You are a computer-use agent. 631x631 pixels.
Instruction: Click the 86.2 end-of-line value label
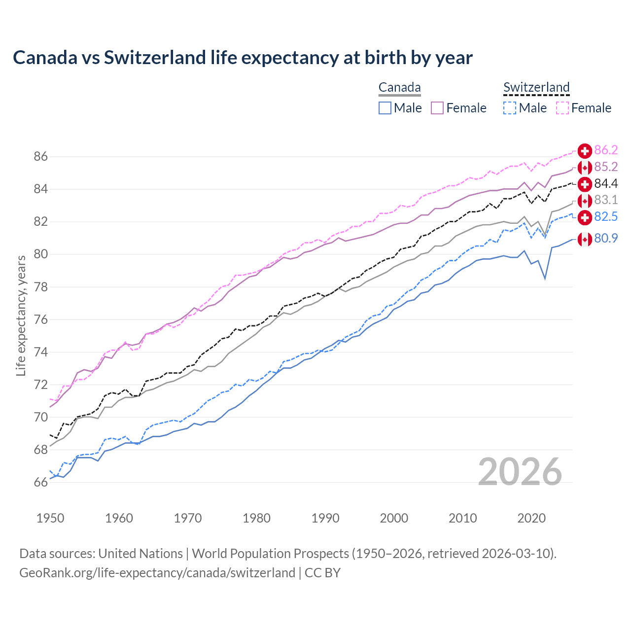coord(606,150)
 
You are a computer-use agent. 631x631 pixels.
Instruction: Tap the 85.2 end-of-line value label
coord(606,167)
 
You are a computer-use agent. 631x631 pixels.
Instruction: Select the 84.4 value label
coord(606,184)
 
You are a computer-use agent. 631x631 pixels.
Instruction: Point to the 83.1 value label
coord(606,200)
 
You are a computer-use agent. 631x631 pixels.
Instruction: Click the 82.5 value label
coord(606,217)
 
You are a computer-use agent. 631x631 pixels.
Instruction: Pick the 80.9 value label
coord(606,239)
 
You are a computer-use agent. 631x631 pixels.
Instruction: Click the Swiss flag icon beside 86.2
coord(585,151)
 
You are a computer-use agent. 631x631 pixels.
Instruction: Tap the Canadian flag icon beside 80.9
coord(585,239)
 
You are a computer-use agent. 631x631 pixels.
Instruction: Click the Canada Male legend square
coord(385,108)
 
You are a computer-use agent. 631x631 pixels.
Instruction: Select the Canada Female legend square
coord(437,108)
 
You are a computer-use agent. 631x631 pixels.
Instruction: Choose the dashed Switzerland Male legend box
coord(510,108)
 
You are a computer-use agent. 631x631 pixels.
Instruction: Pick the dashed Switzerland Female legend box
coord(562,108)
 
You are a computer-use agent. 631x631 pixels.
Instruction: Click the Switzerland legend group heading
coord(536,88)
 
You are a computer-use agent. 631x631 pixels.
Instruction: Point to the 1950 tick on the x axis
coord(50,518)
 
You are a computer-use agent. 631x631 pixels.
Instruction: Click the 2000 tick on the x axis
coord(394,518)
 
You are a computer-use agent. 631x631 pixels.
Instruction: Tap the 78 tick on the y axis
coord(40,287)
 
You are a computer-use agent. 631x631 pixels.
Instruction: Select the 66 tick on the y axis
coord(40,483)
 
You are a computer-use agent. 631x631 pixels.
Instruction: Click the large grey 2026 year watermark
coord(520,472)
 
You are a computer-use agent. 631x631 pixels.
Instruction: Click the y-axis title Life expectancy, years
coord(21,315)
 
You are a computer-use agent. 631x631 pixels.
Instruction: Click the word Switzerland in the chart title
coord(155,58)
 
